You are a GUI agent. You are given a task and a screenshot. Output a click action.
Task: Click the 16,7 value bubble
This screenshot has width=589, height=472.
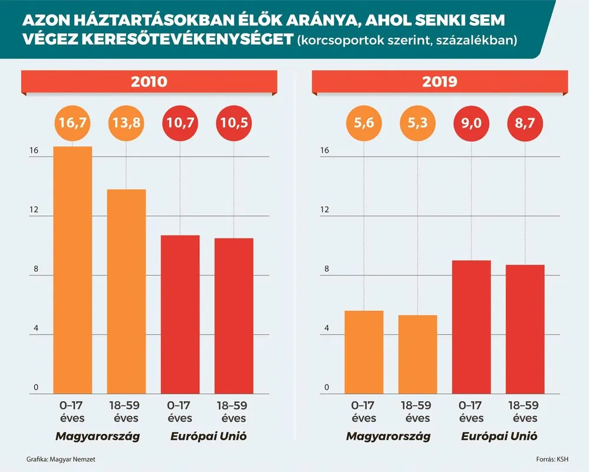[73, 124]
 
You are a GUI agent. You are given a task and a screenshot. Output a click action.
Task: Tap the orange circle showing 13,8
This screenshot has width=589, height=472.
[126, 124]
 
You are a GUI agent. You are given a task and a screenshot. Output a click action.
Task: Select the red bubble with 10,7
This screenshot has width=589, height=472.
[180, 124]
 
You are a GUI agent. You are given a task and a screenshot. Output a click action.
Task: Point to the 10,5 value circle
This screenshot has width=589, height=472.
[233, 124]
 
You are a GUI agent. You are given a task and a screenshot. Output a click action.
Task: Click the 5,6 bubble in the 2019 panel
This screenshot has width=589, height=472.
[364, 124]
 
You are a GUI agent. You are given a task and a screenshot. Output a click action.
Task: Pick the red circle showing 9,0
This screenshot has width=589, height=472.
[471, 124]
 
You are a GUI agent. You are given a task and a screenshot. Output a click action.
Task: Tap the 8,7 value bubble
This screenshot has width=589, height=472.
[525, 124]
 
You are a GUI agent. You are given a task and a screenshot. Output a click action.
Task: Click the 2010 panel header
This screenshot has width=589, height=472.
[149, 81]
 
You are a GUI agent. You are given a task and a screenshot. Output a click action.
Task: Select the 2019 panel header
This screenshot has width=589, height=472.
[440, 81]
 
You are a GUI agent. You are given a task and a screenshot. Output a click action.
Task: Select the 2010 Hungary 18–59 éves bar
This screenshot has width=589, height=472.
[126, 291]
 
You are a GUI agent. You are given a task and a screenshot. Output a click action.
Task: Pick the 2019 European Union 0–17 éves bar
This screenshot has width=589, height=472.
[471, 327]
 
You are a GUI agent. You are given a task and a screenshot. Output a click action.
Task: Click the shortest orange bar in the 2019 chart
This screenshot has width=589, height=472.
[417, 354]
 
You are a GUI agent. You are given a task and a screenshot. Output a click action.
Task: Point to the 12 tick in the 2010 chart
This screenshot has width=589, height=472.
[35, 210]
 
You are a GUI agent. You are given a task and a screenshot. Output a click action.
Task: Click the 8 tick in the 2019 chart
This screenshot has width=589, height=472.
[325, 270]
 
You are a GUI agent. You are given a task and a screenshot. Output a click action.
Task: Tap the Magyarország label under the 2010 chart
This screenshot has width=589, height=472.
[98, 437]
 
